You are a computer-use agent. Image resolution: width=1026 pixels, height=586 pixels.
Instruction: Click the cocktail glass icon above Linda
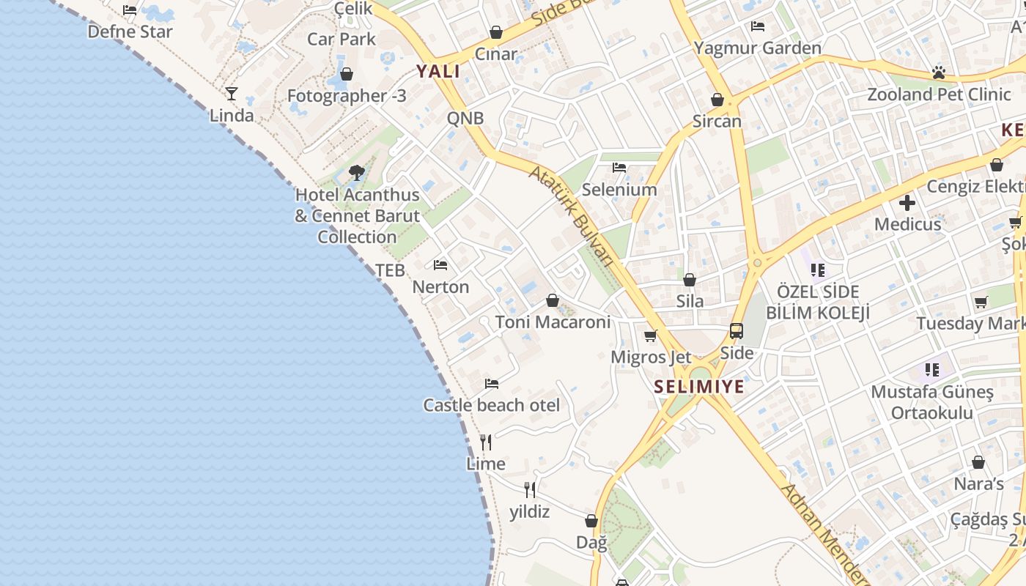[232, 94]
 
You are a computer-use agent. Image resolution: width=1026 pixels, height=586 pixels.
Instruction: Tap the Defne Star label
[130, 31]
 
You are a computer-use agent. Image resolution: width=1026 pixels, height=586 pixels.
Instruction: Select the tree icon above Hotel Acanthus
[357, 173]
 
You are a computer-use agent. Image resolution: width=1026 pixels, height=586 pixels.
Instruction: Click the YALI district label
[438, 71]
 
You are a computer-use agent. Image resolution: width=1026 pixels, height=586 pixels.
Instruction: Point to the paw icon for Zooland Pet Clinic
[939, 73]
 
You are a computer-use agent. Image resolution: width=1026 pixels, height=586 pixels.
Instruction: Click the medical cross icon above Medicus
[907, 203]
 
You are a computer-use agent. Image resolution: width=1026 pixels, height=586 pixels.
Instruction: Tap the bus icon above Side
[737, 331]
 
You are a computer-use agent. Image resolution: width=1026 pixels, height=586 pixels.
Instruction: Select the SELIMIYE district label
[698, 387]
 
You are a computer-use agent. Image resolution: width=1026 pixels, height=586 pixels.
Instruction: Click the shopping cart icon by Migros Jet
[650, 336]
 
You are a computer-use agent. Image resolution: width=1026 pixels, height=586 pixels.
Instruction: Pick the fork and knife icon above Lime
[486, 442]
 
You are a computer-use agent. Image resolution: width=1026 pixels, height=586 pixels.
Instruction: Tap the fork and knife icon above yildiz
[530, 490]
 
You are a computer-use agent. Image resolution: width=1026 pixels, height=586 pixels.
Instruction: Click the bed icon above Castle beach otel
[492, 383]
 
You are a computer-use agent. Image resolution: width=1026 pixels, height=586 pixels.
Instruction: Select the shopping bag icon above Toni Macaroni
[553, 300]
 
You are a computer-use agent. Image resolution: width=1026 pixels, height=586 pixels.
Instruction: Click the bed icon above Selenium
[619, 168]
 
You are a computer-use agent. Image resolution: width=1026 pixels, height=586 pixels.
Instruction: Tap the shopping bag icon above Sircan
[717, 100]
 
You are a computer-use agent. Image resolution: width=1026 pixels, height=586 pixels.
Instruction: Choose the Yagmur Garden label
[758, 48]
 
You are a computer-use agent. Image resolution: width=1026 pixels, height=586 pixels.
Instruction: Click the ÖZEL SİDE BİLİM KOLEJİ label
[818, 302]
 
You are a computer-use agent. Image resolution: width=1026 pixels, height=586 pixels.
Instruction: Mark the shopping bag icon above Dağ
[591, 521]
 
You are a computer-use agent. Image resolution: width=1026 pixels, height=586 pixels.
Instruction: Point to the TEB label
[390, 270]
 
